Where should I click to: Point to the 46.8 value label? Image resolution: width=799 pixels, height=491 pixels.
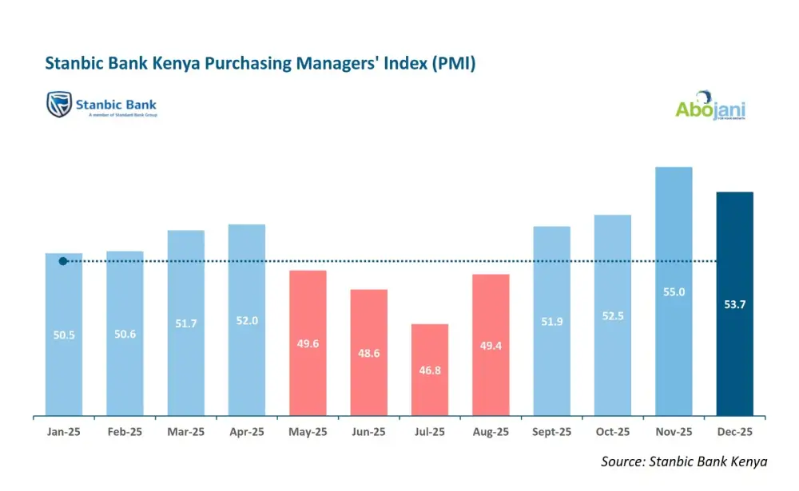click(430, 370)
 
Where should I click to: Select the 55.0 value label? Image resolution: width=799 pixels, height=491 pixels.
click(674, 292)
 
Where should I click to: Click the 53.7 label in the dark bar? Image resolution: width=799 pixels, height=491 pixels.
click(734, 305)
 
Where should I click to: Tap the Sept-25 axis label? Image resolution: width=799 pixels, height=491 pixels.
click(551, 432)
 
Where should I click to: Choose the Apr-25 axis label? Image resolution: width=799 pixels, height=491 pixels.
click(247, 432)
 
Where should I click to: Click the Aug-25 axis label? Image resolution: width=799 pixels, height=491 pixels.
click(491, 432)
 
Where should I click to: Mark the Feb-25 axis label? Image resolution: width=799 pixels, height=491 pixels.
click(125, 432)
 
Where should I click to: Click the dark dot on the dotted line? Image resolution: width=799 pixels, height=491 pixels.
click(63, 261)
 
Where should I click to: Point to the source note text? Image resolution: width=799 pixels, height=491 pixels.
click(684, 461)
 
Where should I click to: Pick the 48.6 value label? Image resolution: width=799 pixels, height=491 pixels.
click(368, 352)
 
